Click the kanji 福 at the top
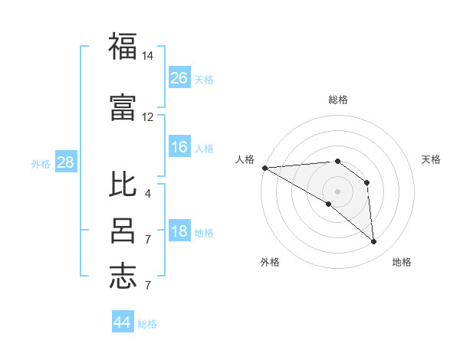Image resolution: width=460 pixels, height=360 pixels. pyautogui.click(x=123, y=47)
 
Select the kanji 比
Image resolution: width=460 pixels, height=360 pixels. pyautogui.click(x=123, y=185)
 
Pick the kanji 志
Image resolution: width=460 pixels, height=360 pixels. pyautogui.click(x=123, y=276)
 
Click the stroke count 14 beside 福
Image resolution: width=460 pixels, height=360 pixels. pyautogui.click(x=148, y=56)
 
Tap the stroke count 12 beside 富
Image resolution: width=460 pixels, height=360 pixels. pyautogui.click(x=148, y=116)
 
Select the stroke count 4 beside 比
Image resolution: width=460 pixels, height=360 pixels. pyautogui.click(x=148, y=194)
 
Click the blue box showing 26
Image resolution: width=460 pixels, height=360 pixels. pyautogui.click(x=179, y=78)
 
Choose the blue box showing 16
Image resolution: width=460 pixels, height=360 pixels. pyautogui.click(x=179, y=147)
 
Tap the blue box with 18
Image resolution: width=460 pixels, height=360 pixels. pyautogui.click(x=179, y=232)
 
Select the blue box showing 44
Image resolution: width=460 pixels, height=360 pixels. pyautogui.click(x=123, y=322)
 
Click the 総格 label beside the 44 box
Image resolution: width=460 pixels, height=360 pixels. pyautogui.click(x=147, y=324)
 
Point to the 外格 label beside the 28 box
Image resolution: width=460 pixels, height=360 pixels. pyautogui.click(x=41, y=163)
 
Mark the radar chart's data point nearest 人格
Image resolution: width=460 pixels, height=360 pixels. pyautogui.click(x=264, y=168)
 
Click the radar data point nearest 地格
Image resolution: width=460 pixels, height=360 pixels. pyautogui.click(x=374, y=242)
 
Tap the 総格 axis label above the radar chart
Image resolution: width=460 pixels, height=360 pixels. pyautogui.click(x=337, y=100)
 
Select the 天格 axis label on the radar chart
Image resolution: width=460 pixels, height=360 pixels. pyautogui.click(x=432, y=159)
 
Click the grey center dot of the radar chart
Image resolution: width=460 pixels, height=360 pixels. pyautogui.click(x=337, y=191)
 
